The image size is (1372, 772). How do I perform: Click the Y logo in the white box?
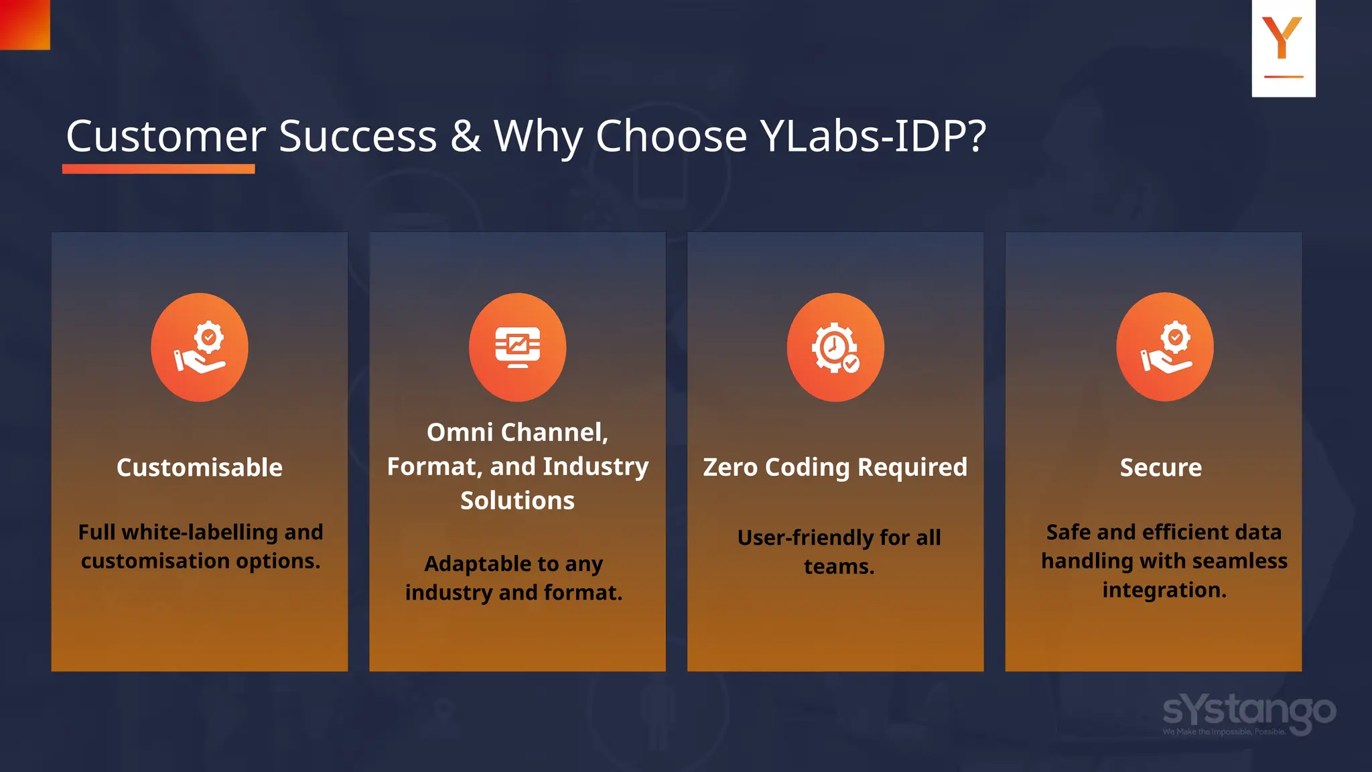click(1282, 40)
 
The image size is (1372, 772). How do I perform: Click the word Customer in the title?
click(165, 136)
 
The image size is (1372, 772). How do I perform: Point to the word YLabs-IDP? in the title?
click(873, 137)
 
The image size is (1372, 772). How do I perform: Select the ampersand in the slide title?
click(465, 136)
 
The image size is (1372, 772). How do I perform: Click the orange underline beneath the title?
click(158, 169)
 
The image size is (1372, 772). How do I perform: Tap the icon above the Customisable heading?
click(200, 347)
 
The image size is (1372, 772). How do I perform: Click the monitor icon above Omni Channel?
click(517, 347)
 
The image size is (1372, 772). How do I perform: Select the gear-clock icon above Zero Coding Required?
click(835, 347)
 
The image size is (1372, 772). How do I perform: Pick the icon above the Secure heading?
click(1164, 347)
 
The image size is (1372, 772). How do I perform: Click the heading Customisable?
click(200, 468)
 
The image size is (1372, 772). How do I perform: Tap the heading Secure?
click(1161, 468)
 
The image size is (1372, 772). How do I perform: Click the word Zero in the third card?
click(730, 467)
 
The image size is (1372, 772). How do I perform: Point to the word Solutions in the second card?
click(517, 501)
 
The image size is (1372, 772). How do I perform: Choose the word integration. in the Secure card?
click(1164, 590)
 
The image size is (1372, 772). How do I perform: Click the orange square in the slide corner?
click(25, 24)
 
